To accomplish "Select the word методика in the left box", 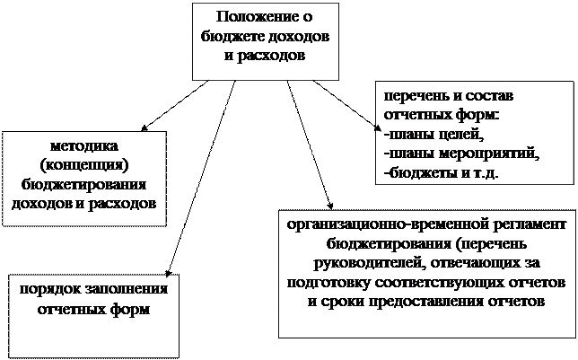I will pyautogui.click(x=85, y=145).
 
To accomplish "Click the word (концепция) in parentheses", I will pyautogui.click(x=85, y=165).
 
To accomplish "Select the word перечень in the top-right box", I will pyautogui.click(x=415, y=94).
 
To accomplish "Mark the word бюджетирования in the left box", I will pyautogui.click(x=85, y=184).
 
